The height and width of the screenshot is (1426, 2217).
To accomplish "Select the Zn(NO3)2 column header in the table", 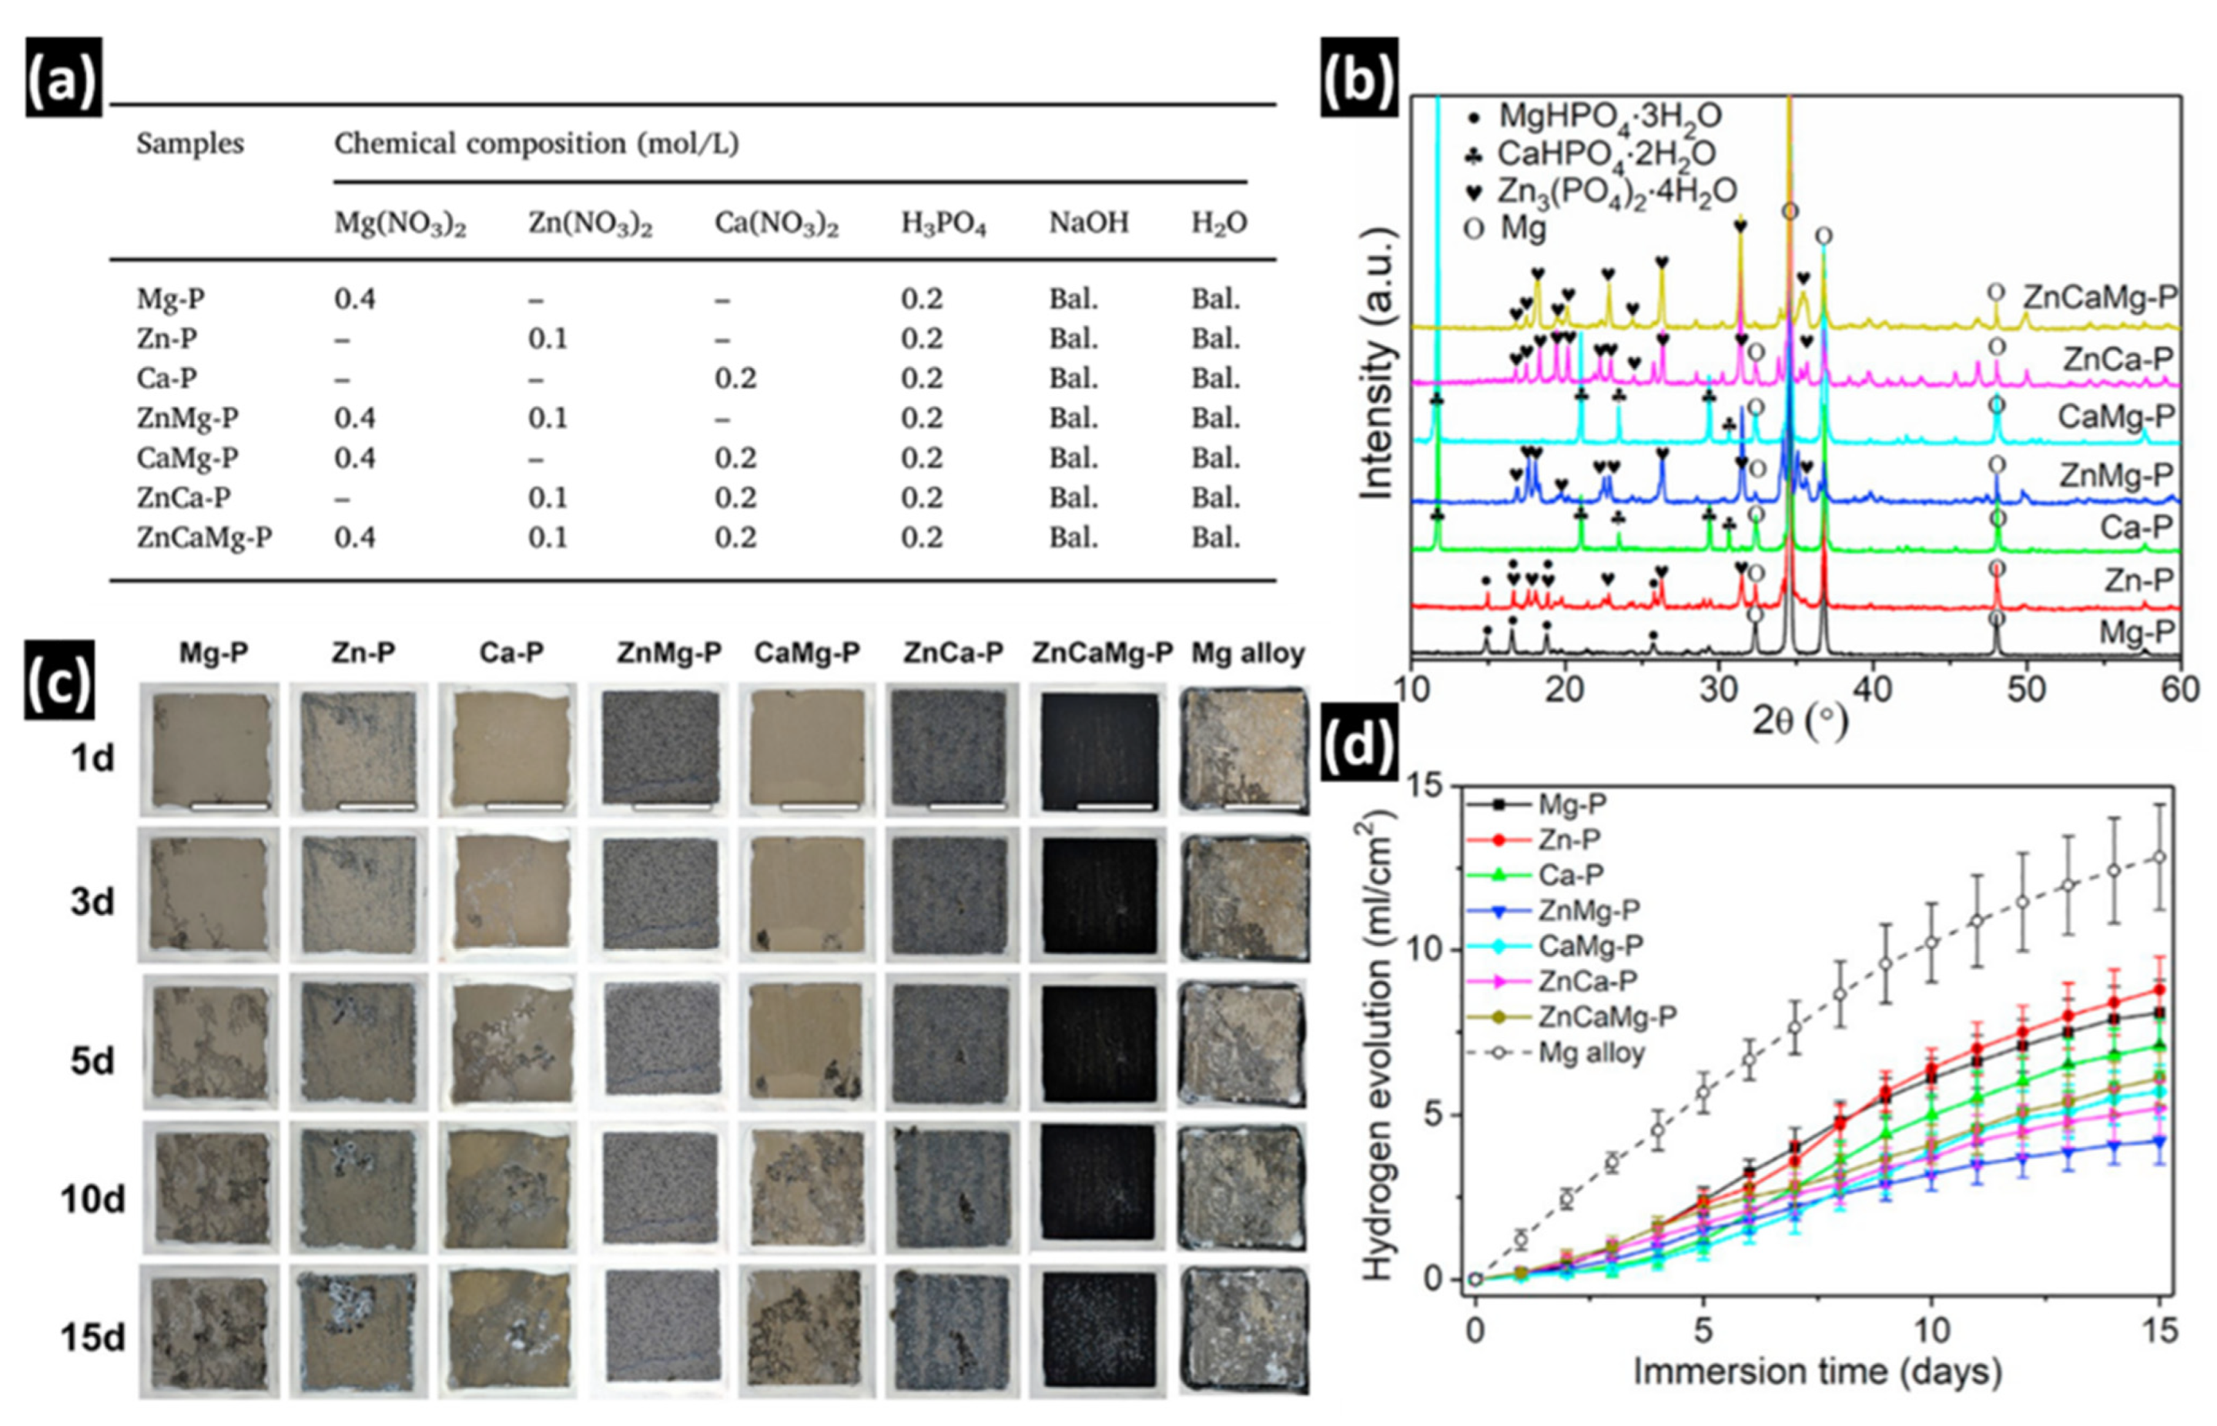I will tap(590, 224).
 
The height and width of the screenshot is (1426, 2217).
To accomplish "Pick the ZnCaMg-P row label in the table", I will tap(204, 538).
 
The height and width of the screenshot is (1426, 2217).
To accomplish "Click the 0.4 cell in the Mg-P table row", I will tap(355, 299).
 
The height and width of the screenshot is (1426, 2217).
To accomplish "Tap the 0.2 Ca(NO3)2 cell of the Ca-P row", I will tap(735, 379).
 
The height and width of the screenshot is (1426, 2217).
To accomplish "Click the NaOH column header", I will tap(1088, 223).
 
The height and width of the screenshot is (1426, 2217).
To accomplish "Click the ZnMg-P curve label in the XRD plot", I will tap(2116, 476).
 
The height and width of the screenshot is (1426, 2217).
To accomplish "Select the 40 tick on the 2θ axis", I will tap(1873, 690).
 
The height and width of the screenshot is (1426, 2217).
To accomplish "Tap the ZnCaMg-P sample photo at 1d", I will tap(1098, 749).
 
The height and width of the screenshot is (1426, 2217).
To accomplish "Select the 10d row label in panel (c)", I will tap(92, 1200).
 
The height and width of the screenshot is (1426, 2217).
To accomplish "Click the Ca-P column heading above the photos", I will tap(511, 653).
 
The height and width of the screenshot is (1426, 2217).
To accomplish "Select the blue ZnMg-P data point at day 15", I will tap(2159, 1142).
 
